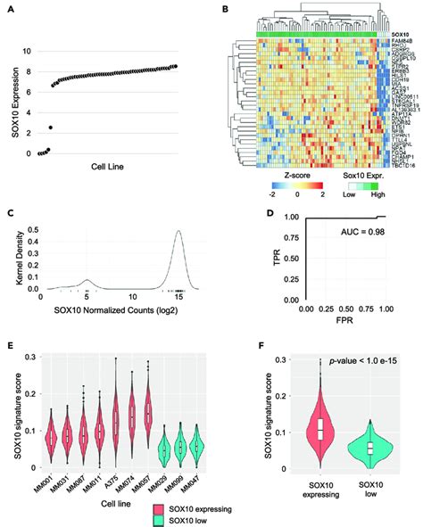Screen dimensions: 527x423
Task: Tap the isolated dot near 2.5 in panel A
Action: coord(51,128)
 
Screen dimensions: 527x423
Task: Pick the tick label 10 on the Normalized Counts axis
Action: coord(132,321)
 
